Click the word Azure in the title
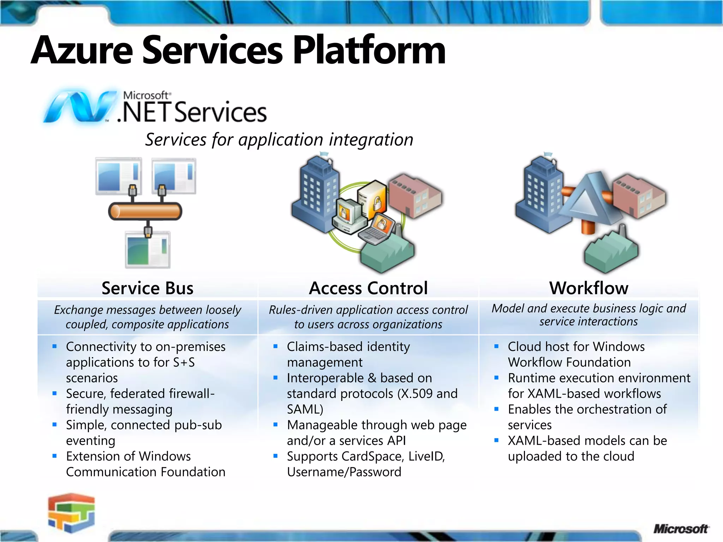click(82, 50)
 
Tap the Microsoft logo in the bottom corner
click(680, 529)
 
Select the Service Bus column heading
click(148, 288)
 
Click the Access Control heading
click(368, 288)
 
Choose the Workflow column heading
click(589, 288)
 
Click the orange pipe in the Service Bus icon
click(145, 211)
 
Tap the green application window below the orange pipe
click(148, 250)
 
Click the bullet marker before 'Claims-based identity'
click(275, 347)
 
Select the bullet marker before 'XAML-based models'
click(496, 440)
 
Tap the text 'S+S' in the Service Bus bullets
click(184, 362)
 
